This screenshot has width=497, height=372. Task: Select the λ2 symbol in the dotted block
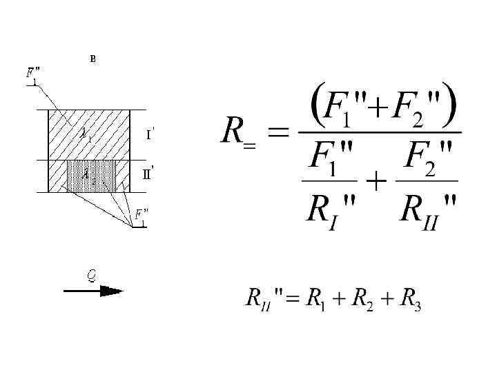coord(88,174)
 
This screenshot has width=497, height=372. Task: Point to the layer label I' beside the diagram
coord(150,134)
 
